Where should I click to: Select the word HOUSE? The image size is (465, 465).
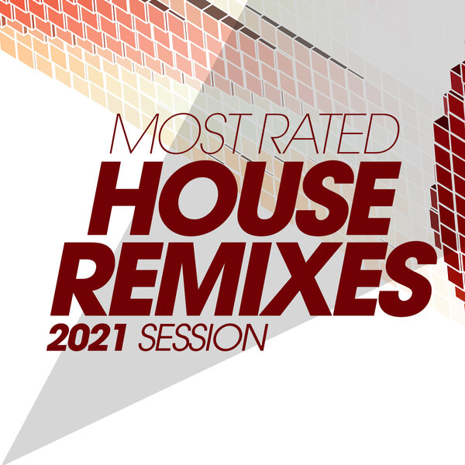tap(249, 198)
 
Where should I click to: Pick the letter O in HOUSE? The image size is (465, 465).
tap(189, 198)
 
